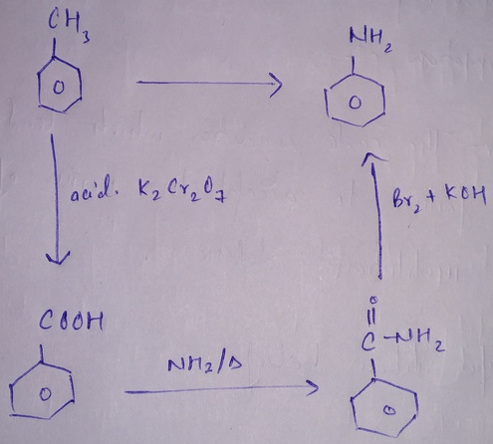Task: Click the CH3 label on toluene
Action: (68, 26)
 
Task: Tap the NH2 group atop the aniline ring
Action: (370, 41)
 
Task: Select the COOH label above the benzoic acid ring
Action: (71, 321)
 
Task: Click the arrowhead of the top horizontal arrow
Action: (276, 85)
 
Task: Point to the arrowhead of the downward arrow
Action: (57, 258)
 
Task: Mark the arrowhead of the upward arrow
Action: (372, 158)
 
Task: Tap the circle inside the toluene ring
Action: (59, 88)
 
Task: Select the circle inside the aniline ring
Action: (355, 103)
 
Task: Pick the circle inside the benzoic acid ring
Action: (46, 394)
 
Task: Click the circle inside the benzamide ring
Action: (388, 410)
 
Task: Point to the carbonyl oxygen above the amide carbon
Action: (374, 300)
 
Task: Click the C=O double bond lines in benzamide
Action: (372, 317)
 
